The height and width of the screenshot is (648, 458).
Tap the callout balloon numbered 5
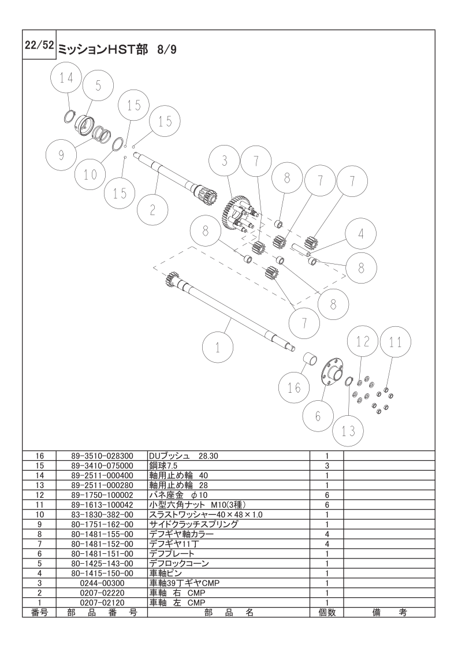98,87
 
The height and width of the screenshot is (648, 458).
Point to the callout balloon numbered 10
91,173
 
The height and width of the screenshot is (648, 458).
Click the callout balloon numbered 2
152,210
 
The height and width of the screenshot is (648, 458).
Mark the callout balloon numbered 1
218,348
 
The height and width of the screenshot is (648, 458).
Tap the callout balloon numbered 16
294,387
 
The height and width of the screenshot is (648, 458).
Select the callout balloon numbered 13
349,431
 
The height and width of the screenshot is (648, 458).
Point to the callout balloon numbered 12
362,342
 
